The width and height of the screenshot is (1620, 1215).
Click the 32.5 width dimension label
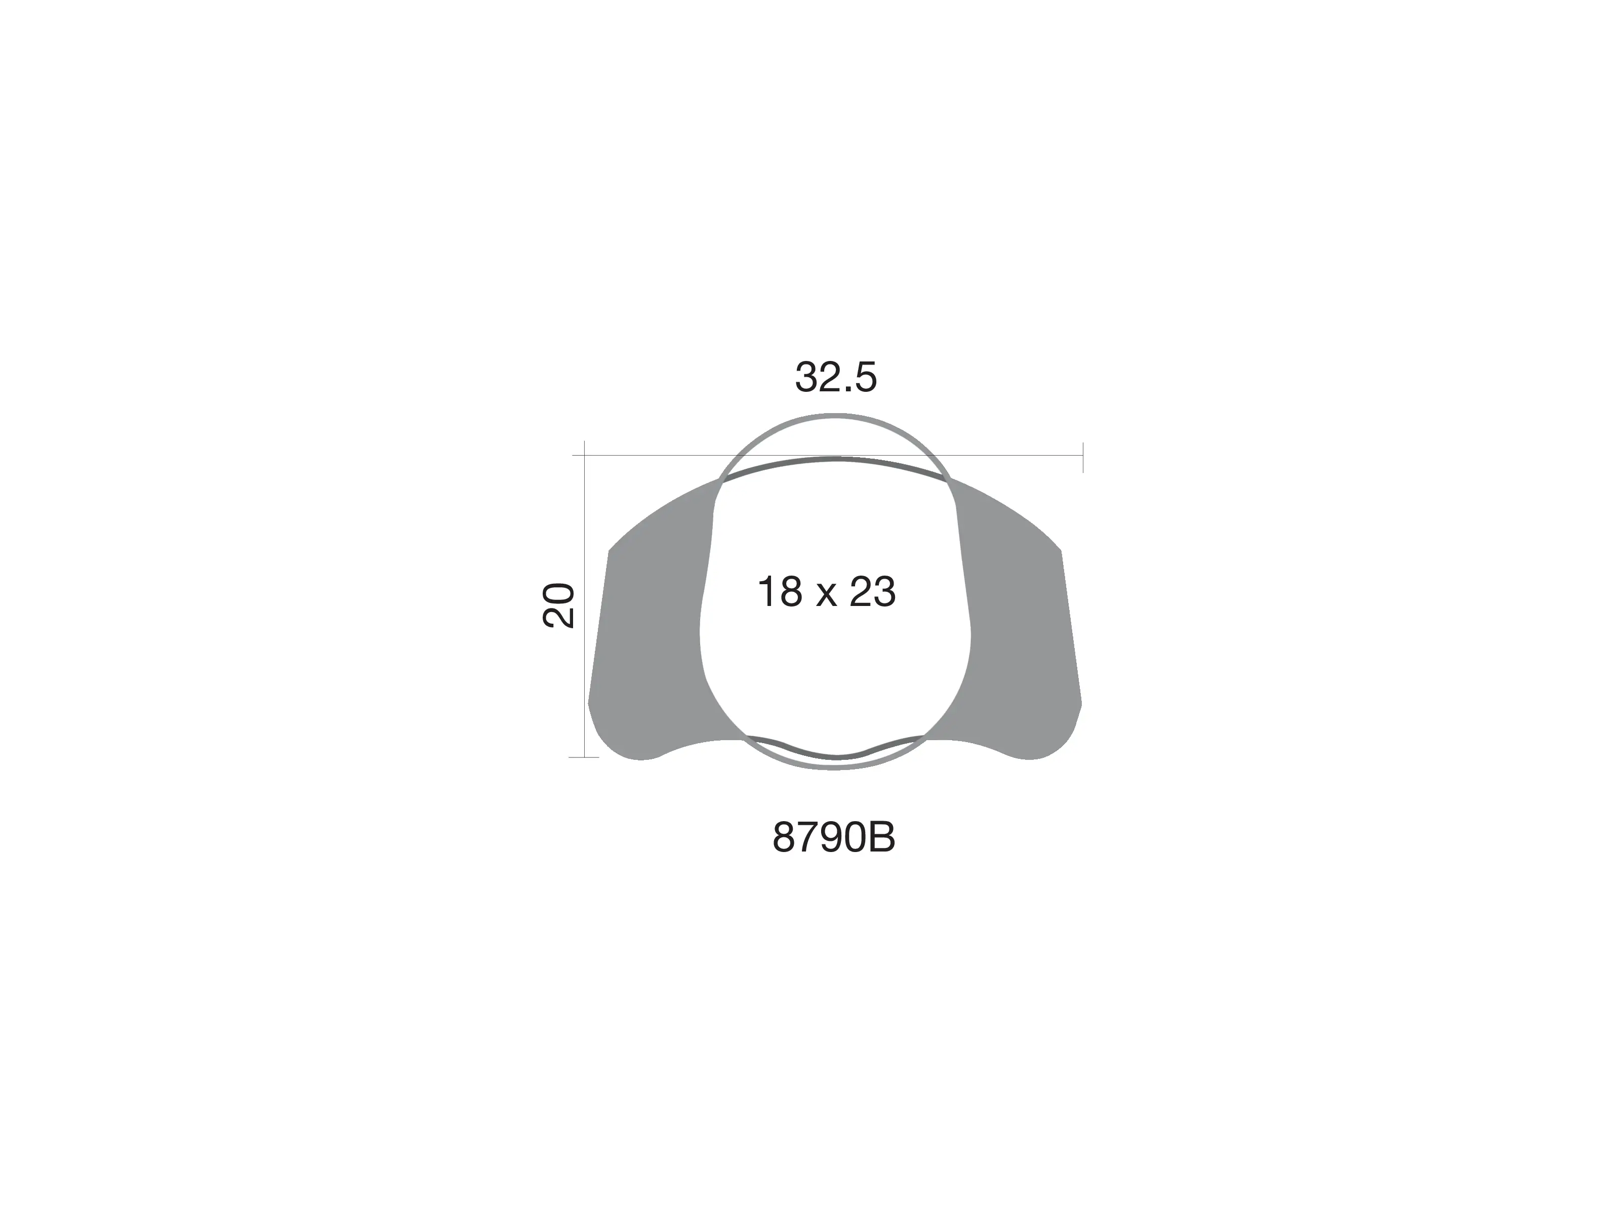click(x=836, y=377)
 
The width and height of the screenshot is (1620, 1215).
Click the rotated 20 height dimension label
click(x=558, y=605)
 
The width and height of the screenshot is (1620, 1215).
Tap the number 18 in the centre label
click(x=780, y=592)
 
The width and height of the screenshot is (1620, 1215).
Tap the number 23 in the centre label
click(x=872, y=592)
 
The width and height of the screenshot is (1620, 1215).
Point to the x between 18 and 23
click(x=826, y=597)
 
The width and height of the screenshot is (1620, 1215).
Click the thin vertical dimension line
click(x=584, y=599)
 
